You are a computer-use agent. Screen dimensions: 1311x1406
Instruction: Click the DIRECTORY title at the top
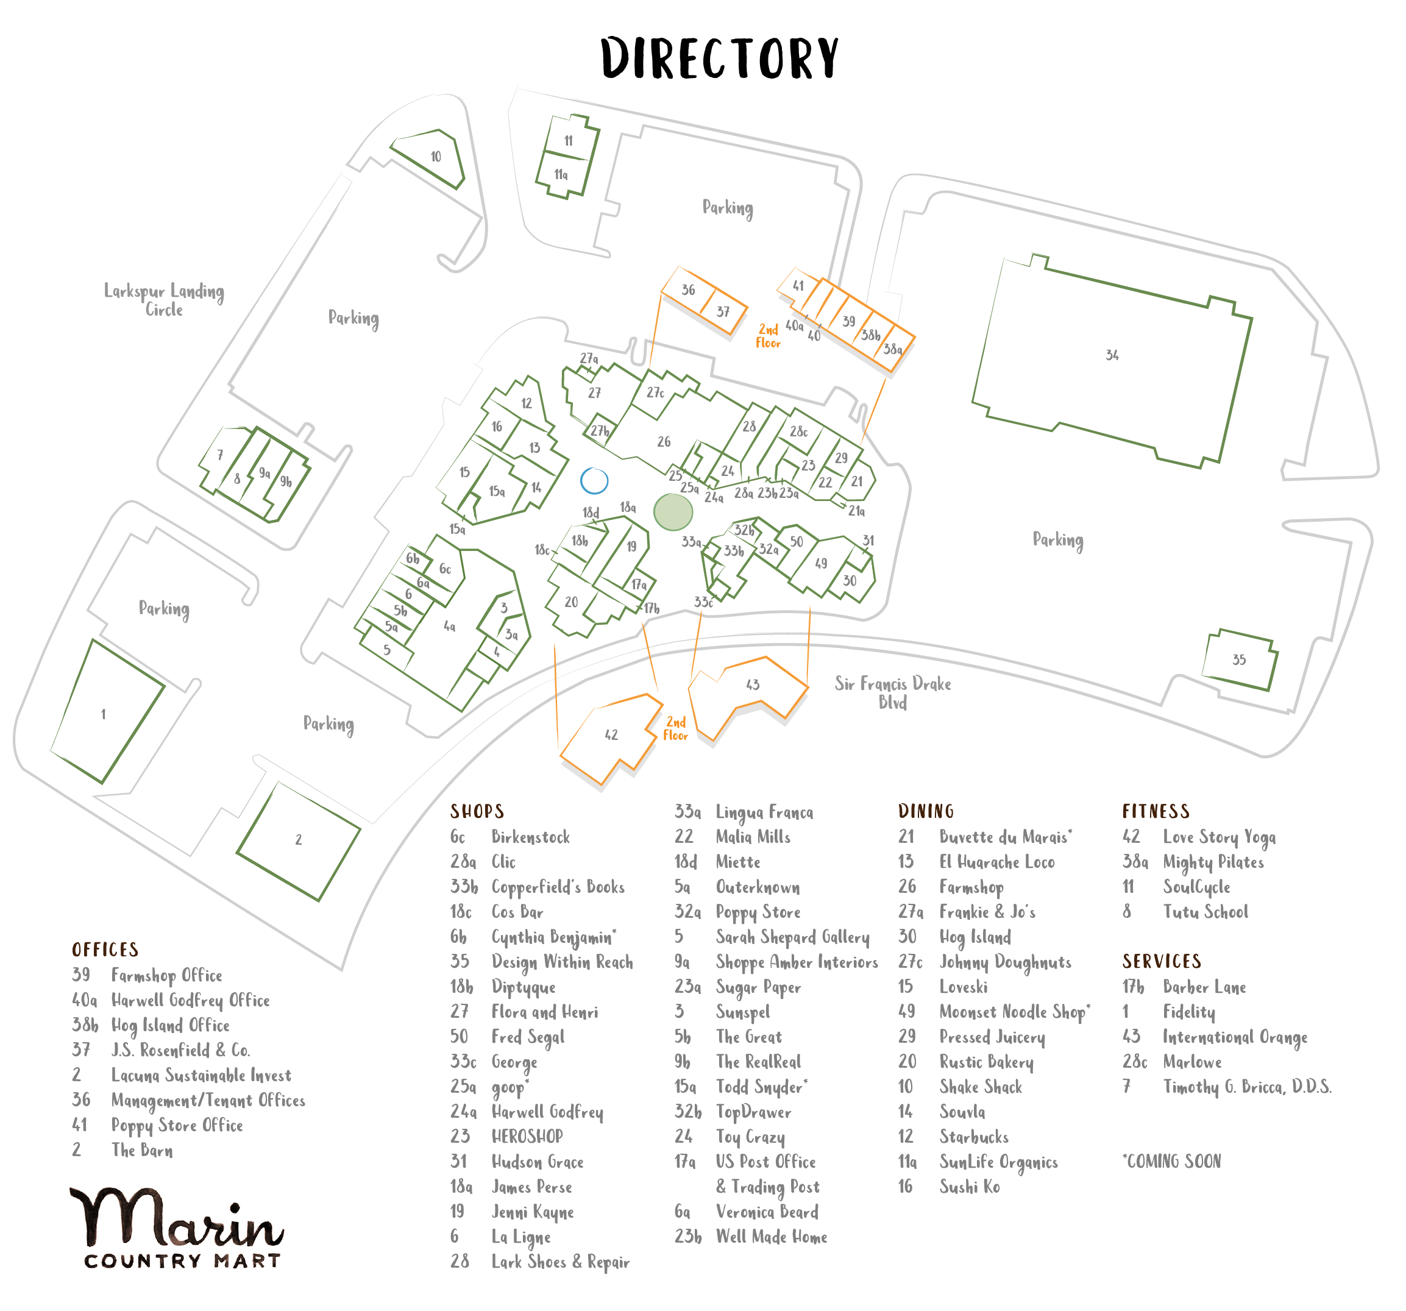[719, 58]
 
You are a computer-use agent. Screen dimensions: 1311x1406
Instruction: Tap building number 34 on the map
[1112, 356]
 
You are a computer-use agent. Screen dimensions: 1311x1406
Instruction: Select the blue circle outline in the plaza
[594, 481]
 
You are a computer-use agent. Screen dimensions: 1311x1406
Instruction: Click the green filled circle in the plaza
[673, 512]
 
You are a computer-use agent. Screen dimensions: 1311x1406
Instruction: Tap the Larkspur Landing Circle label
[164, 300]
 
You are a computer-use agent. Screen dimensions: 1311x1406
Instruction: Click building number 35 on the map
[1239, 659]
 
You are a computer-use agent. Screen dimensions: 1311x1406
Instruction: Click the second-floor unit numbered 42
[611, 736]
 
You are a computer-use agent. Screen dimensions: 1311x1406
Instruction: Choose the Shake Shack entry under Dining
[980, 1087]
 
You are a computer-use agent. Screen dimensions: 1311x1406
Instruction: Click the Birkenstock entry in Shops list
[530, 837]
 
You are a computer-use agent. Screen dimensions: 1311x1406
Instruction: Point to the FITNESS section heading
[1156, 811]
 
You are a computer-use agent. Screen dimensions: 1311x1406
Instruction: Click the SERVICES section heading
[1161, 961]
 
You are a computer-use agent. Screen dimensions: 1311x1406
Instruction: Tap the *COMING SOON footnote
[1172, 1162]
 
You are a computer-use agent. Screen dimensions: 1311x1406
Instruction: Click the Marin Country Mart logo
[177, 1228]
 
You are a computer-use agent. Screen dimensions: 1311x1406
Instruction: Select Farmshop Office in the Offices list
[167, 976]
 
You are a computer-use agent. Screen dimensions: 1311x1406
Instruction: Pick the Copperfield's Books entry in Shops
[558, 887]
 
